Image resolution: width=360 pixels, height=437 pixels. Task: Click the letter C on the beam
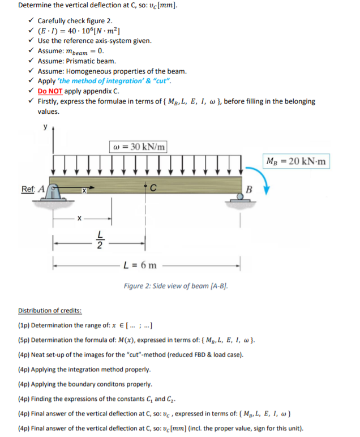[153, 188]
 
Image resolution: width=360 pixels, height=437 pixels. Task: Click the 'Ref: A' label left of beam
[31, 188]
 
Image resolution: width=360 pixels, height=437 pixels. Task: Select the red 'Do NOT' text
[50, 91]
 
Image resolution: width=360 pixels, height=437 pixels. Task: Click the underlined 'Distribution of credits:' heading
[50, 311]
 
